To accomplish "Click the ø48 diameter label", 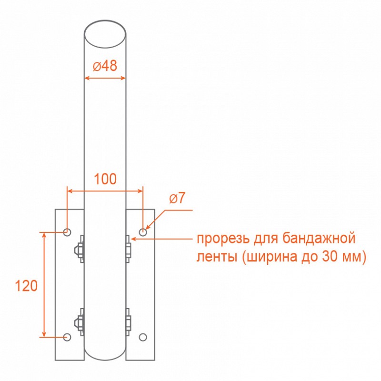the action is pyautogui.click(x=105, y=66).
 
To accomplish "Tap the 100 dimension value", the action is pyautogui.click(x=105, y=179).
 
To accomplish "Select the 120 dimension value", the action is pyautogui.click(x=26, y=286).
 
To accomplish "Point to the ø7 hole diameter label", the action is pyautogui.click(x=177, y=198).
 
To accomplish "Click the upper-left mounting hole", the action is pyautogui.click(x=67, y=232).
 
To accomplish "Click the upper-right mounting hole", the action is pyautogui.click(x=143, y=232).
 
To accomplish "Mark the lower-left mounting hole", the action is pyautogui.click(x=67, y=337).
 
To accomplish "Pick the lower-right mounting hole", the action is pyautogui.click(x=143, y=337).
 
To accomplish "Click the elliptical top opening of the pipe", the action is pyautogui.click(x=105, y=34).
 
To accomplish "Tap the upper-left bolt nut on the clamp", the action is pyautogui.click(x=79, y=249).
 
